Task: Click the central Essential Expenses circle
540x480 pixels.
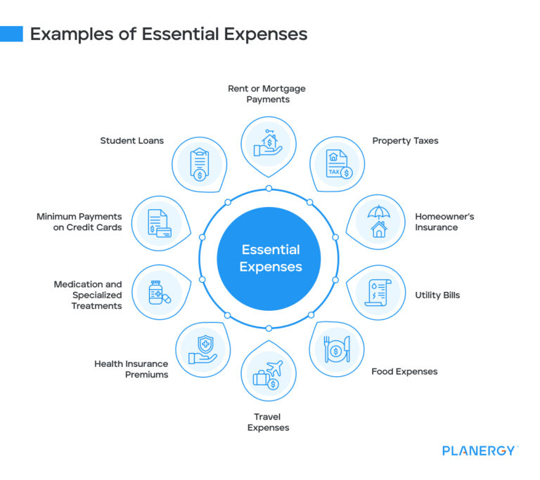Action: (x=269, y=258)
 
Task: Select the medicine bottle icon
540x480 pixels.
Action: (x=159, y=292)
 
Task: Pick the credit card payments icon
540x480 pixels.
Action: (x=159, y=222)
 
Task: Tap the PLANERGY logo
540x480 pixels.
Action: (x=480, y=451)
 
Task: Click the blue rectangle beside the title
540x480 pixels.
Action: (x=11, y=34)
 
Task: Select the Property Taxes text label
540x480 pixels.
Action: (x=405, y=140)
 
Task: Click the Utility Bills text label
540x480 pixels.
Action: (x=437, y=295)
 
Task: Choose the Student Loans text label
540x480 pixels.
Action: (x=131, y=140)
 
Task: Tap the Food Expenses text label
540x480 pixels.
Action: (x=404, y=371)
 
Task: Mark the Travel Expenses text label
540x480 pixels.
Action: (x=269, y=422)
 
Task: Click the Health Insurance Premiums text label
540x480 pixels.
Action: (x=131, y=369)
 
